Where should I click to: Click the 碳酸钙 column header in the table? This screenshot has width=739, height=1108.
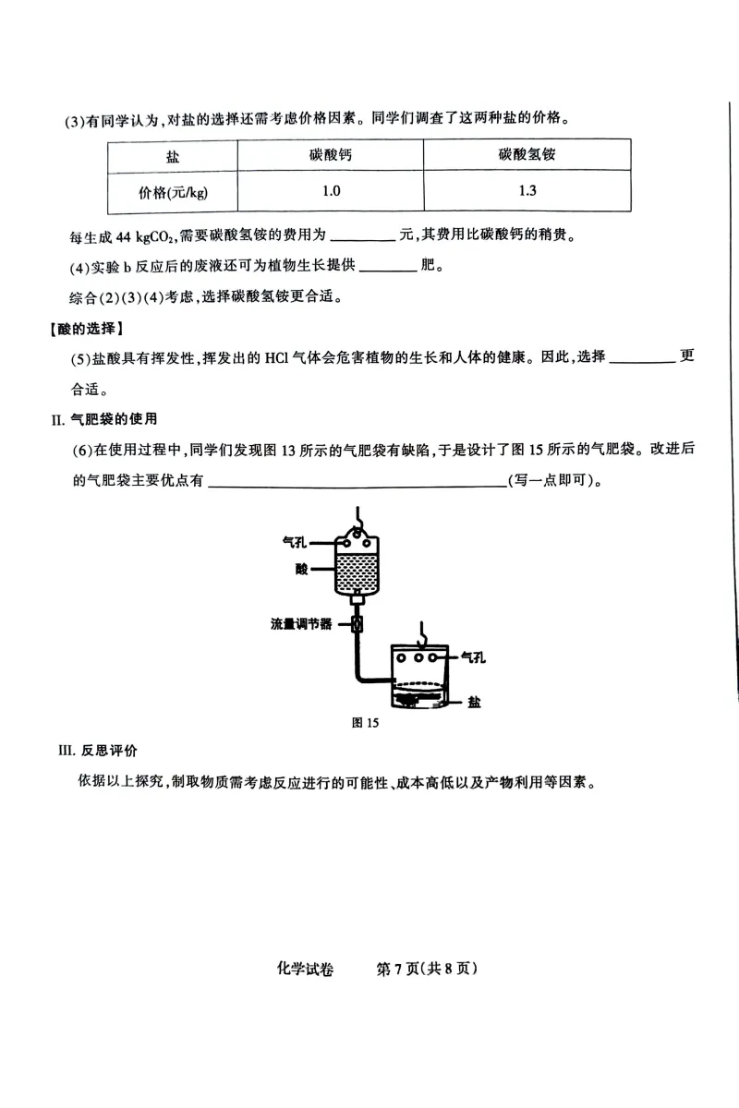pyautogui.click(x=331, y=156)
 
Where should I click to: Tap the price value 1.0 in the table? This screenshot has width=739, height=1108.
pyautogui.click(x=331, y=191)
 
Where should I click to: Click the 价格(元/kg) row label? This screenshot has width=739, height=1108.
pyautogui.click(x=173, y=192)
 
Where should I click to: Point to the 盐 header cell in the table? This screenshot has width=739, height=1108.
pyautogui.click(x=173, y=157)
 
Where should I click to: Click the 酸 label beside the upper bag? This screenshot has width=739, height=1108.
pyautogui.click(x=302, y=569)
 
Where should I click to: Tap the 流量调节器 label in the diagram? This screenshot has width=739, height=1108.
pyautogui.click(x=301, y=623)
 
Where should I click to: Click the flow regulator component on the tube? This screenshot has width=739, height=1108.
pyautogui.click(x=357, y=623)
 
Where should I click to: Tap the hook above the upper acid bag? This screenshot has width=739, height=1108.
pyautogui.click(x=357, y=515)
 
